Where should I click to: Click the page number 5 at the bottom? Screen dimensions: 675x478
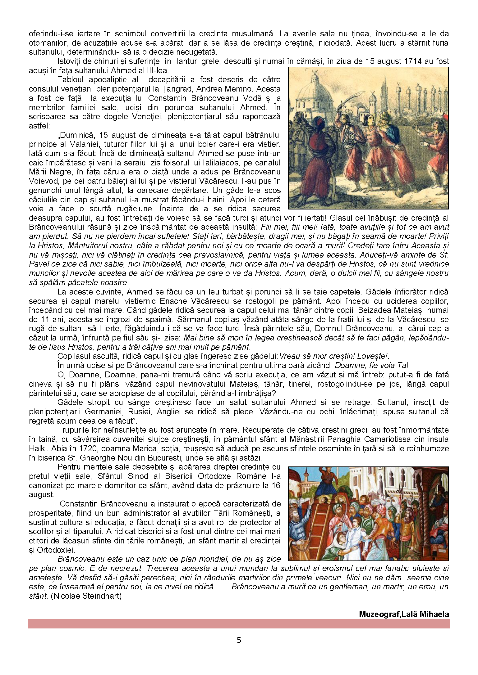click(239, 640)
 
